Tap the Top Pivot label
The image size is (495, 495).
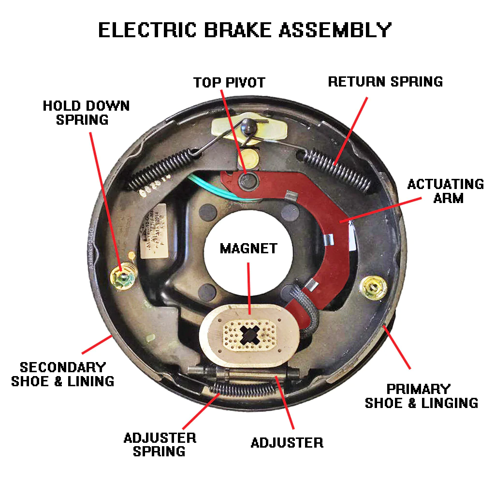pos(229,82)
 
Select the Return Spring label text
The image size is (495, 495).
pos(385,81)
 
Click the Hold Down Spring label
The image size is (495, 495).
pos(86,113)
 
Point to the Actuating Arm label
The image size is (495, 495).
pos(445,191)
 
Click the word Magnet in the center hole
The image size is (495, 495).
pos(248,248)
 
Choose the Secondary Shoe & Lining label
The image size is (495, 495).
pos(63,374)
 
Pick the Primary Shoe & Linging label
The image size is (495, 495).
pos(421,395)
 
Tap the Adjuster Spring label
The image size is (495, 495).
pos(160,445)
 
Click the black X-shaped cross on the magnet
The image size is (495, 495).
pos(250,334)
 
